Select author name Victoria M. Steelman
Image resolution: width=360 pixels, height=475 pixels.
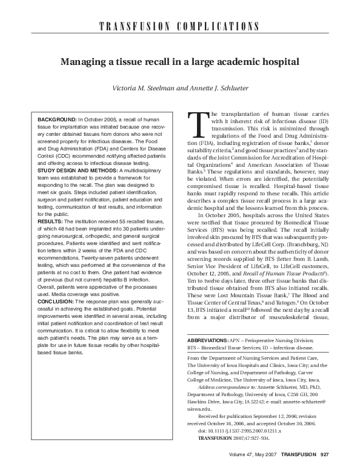[141, 88]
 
